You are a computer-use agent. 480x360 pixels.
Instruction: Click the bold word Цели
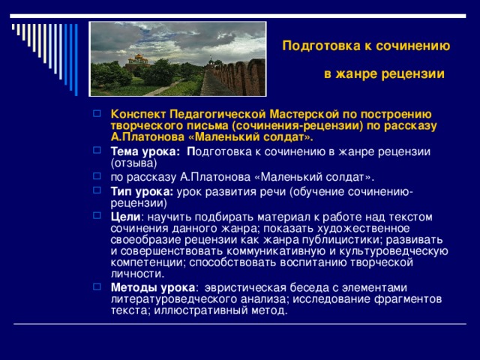pyautogui.click(x=123, y=217)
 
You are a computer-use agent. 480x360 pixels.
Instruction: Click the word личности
pyautogui.click(x=132, y=274)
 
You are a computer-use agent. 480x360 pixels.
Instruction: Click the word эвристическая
pyautogui.click(x=245, y=287)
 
